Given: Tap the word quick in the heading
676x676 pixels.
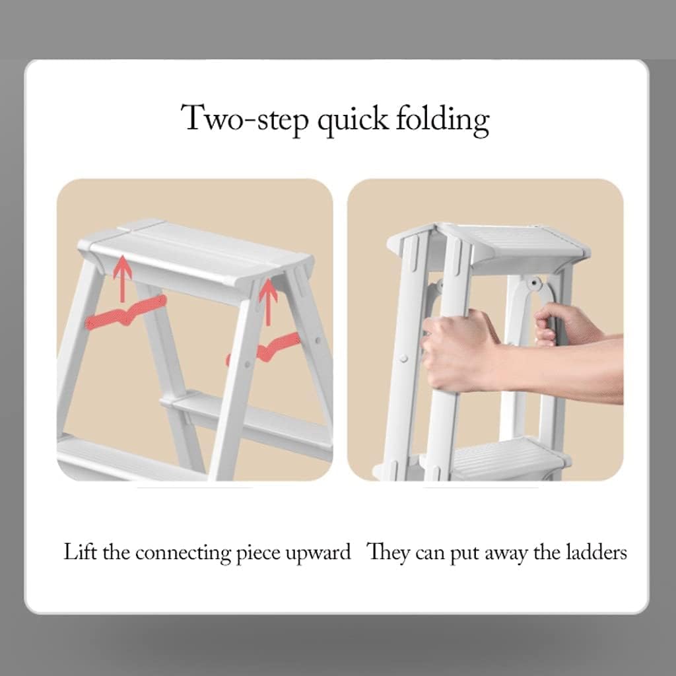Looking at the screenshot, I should pos(353,119).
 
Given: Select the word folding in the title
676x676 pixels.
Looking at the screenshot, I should pos(443,119).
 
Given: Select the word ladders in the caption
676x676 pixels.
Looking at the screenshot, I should pos(596,552).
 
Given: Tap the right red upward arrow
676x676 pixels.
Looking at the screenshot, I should pos(268,300).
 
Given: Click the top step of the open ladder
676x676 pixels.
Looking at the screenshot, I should pos(198,254).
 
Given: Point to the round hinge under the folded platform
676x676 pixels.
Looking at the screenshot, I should pos(535,285).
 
